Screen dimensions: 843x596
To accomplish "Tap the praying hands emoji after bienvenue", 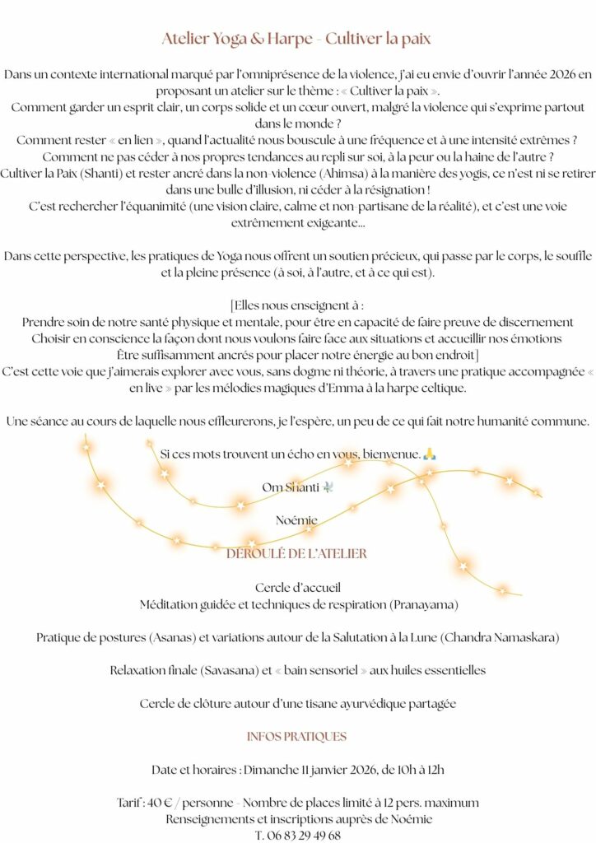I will coord(428,454).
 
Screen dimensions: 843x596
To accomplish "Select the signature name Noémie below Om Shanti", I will coord(296,520).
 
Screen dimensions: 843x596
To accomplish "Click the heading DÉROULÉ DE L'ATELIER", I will coord(296,554).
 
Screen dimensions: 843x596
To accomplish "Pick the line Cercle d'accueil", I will coord(297,588).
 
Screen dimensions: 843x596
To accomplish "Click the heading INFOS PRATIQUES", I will coord(296,737).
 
